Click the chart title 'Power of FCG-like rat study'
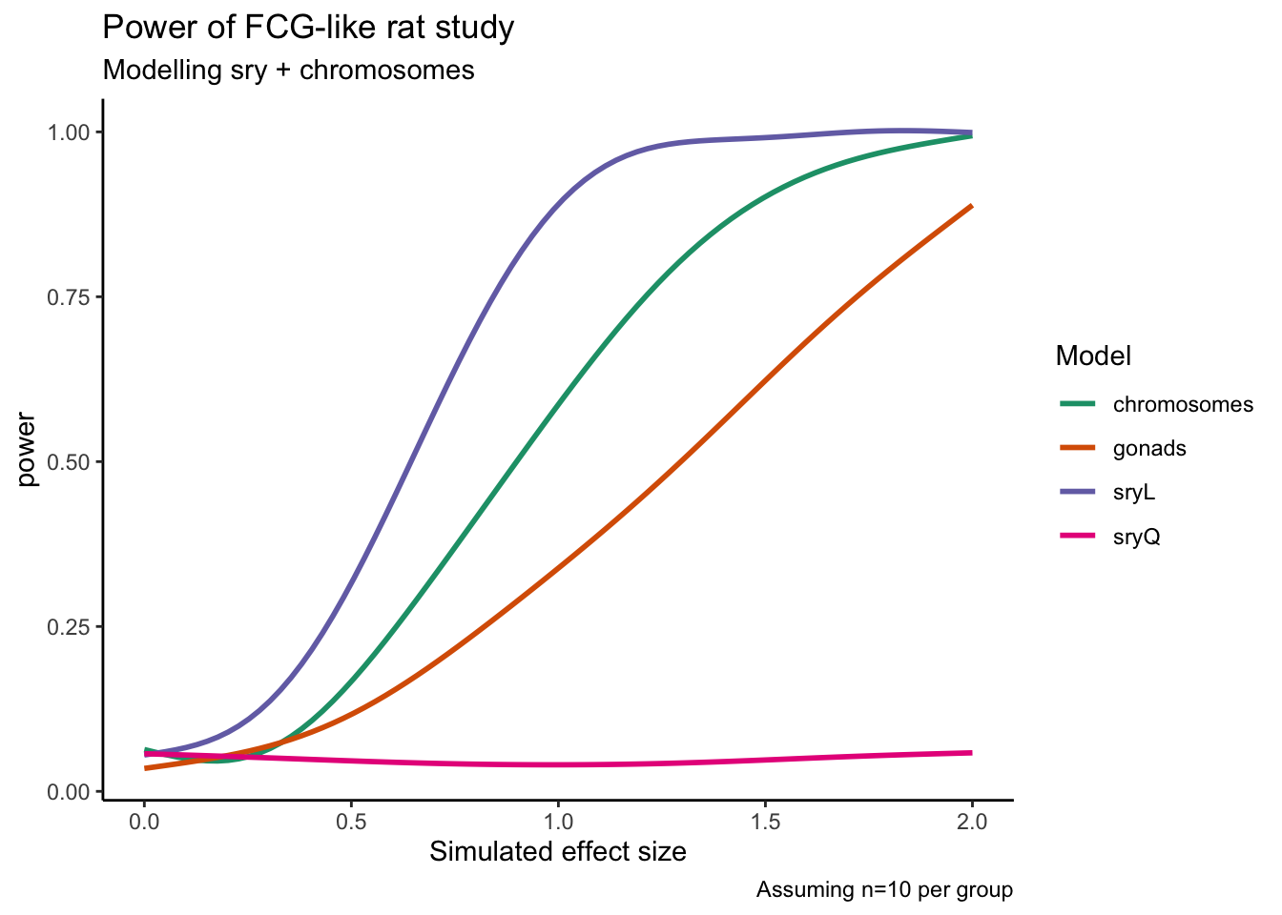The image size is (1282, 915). [308, 27]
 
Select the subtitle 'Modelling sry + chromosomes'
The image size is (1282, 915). [288, 70]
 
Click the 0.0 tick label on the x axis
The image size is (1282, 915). [144, 821]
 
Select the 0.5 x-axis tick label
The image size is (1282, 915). [351, 821]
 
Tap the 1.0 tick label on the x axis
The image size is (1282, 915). [558, 821]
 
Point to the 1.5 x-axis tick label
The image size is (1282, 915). [765, 821]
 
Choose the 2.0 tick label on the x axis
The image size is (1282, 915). [972, 821]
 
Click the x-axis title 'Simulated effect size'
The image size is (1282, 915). [558, 851]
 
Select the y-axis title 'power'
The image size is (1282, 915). [28, 450]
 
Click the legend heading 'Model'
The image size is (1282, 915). [1093, 356]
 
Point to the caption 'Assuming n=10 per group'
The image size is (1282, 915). [884, 890]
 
